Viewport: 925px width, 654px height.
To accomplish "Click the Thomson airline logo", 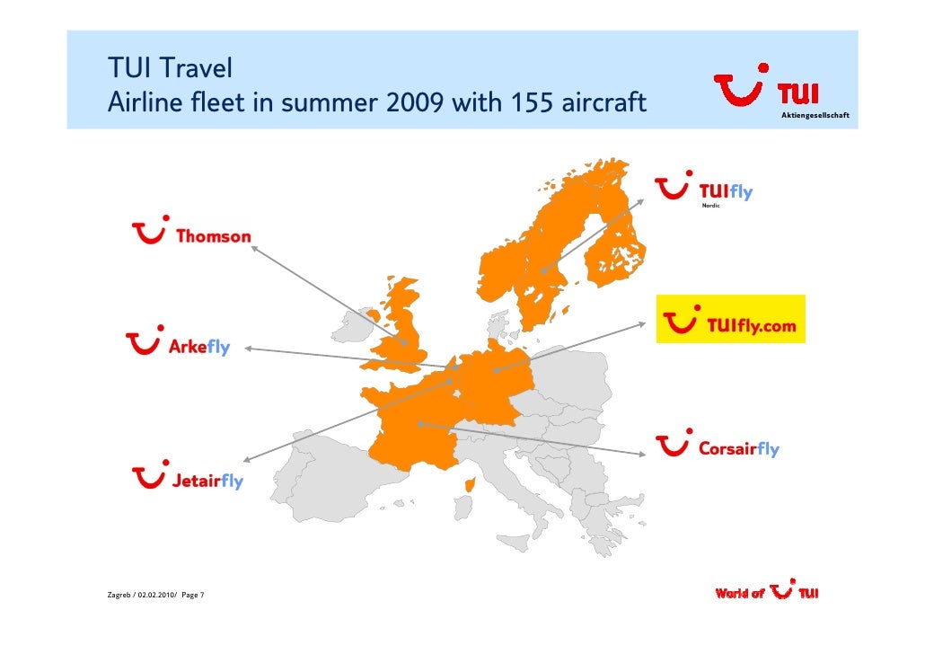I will point(191,234).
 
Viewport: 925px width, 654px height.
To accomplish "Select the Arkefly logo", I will point(178,344).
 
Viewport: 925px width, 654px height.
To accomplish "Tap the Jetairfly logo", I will point(188,479).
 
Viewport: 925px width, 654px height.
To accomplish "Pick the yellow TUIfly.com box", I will point(730,319).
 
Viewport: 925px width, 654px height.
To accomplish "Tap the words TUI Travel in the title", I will point(170,67).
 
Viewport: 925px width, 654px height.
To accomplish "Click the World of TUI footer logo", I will point(766,593).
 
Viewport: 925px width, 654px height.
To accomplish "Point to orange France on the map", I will point(409,431).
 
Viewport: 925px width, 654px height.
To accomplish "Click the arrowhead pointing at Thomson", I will point(254,249).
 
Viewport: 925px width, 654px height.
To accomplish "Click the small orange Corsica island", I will point(468,485).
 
